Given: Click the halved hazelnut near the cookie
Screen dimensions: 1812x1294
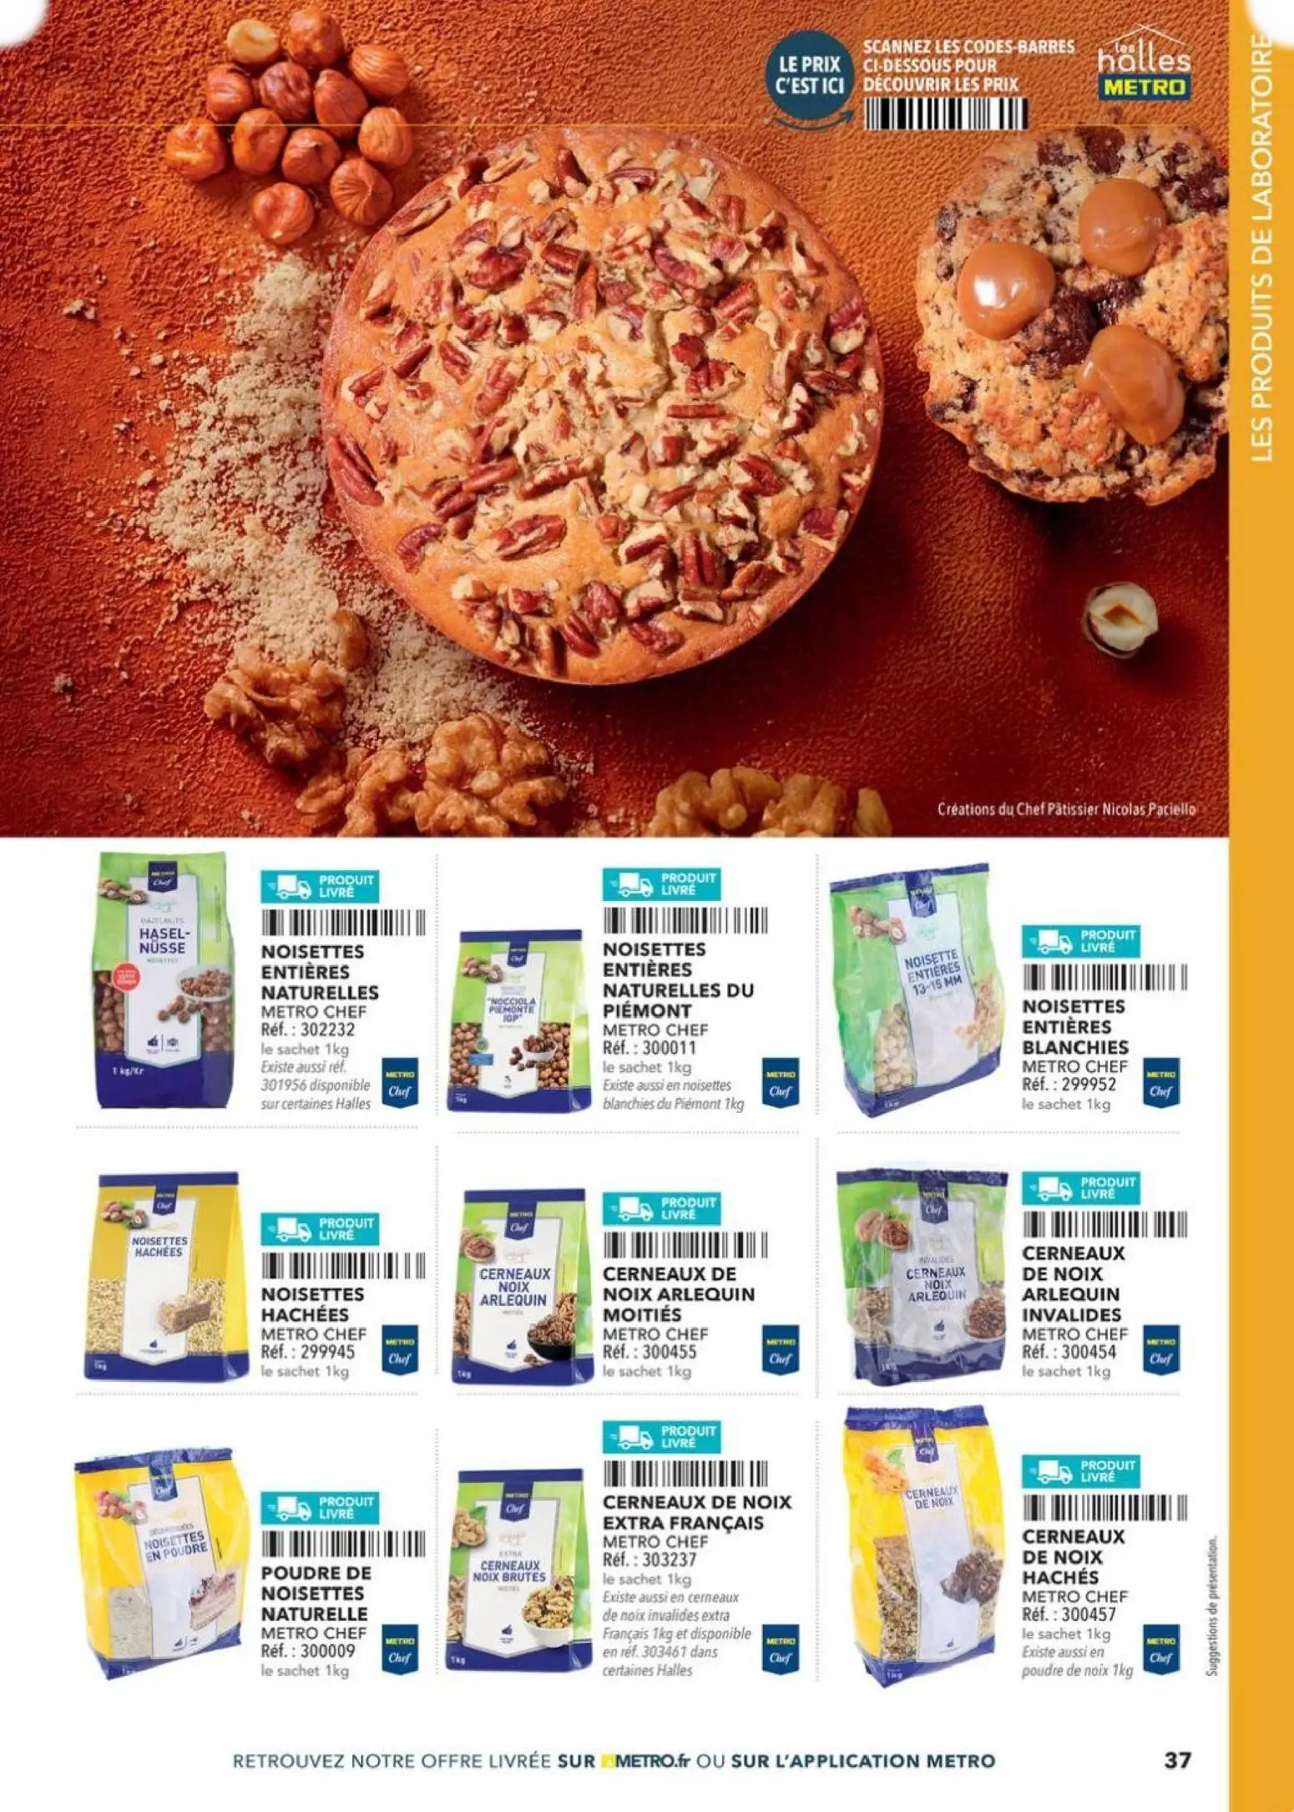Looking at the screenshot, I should coord(1120,618).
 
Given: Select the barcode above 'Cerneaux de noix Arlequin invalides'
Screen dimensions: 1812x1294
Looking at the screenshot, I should coord(1104,1223).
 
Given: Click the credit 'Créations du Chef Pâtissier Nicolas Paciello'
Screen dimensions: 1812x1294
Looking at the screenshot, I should coord(1066,809).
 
